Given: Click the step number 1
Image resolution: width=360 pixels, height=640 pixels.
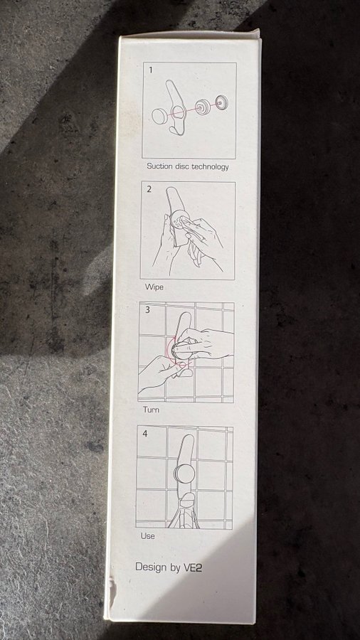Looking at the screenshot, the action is (x=151, y=70).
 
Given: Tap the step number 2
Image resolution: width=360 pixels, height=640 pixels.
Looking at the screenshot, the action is (x=149, y=189).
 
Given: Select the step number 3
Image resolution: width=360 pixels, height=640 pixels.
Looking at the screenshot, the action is (x=147, y=310).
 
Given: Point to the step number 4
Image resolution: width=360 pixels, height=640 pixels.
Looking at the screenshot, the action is (x=145, y=434).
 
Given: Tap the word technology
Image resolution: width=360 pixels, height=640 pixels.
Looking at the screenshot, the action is (x=210, y=166).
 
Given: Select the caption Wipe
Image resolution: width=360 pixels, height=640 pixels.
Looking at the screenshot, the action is (x=154, y=287).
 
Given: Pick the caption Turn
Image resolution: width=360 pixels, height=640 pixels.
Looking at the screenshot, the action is (x=151, y=410).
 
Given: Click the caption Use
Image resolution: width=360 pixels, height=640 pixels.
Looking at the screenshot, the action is (x=148, y=535).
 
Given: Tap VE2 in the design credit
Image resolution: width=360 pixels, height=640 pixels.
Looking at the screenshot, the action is (x=192, y=567).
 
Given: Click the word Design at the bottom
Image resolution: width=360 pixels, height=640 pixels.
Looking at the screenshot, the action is (x=151, y=567).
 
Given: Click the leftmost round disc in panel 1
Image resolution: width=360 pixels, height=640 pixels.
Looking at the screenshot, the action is (x=159, y=116).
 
